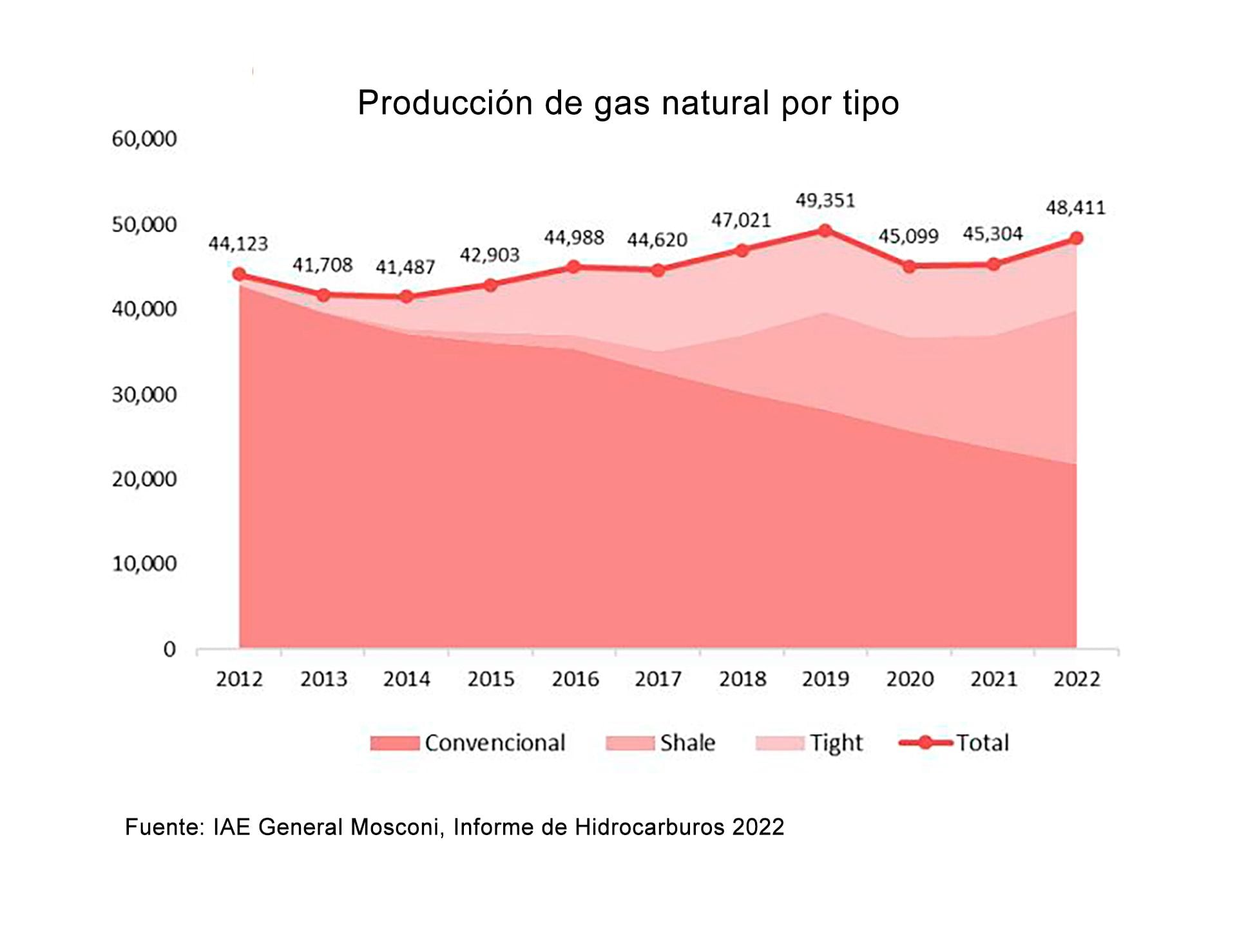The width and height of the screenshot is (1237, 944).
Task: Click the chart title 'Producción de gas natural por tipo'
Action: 628,103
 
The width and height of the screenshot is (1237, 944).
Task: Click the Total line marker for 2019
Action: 825,231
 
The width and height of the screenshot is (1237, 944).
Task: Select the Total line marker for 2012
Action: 239,275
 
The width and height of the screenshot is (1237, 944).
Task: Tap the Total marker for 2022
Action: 1075,238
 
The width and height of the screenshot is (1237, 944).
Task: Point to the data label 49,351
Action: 825,200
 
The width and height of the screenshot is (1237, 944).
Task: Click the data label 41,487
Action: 405,267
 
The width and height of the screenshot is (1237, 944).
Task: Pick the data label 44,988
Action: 574,238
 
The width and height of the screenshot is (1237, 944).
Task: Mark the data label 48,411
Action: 1075,207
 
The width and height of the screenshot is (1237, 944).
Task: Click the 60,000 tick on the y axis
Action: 144,139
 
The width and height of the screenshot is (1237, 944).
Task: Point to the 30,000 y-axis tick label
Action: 144,394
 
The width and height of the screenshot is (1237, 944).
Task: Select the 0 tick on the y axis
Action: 169,649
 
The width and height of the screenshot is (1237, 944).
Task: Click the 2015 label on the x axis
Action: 491,679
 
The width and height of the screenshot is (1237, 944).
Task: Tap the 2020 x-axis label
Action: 909,679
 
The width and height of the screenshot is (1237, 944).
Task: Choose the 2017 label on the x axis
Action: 658,679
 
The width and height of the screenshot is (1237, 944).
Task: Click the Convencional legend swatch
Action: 394,743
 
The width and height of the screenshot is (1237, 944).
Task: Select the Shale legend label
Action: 687,743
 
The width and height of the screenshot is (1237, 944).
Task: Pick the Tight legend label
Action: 836,743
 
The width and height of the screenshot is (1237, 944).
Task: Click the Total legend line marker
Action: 925,743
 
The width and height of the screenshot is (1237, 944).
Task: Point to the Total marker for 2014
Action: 407,296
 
